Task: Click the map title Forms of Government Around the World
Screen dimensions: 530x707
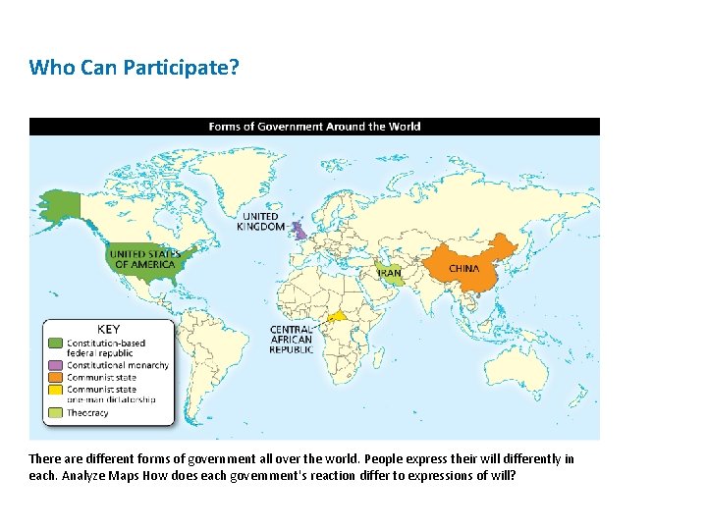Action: [x=314, y=126]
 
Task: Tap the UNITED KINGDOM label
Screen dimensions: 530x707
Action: [x=260, y=222]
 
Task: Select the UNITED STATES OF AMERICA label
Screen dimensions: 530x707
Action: [x=145, y=259]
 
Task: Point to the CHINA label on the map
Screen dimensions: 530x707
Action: [x=464, y=268]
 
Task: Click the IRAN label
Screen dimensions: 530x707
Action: [x=390, y=273]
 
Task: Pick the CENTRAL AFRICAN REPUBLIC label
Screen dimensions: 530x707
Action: [x=292, y=340]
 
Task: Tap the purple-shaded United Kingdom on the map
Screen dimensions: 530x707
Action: [x=300, y=233]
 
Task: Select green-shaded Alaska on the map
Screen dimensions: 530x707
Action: [x=64, y=204]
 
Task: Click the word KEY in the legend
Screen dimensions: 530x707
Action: [x=108, y=330]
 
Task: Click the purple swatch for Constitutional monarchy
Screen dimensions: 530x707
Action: [x=56, y=365]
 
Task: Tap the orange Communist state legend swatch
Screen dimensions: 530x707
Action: [x=56, y=377]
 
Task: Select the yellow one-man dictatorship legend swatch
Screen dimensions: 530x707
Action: [x=56, y=390]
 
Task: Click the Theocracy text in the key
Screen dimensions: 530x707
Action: [x=87, y=413]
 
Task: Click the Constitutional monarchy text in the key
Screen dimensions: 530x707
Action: [x=117, y=365]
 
